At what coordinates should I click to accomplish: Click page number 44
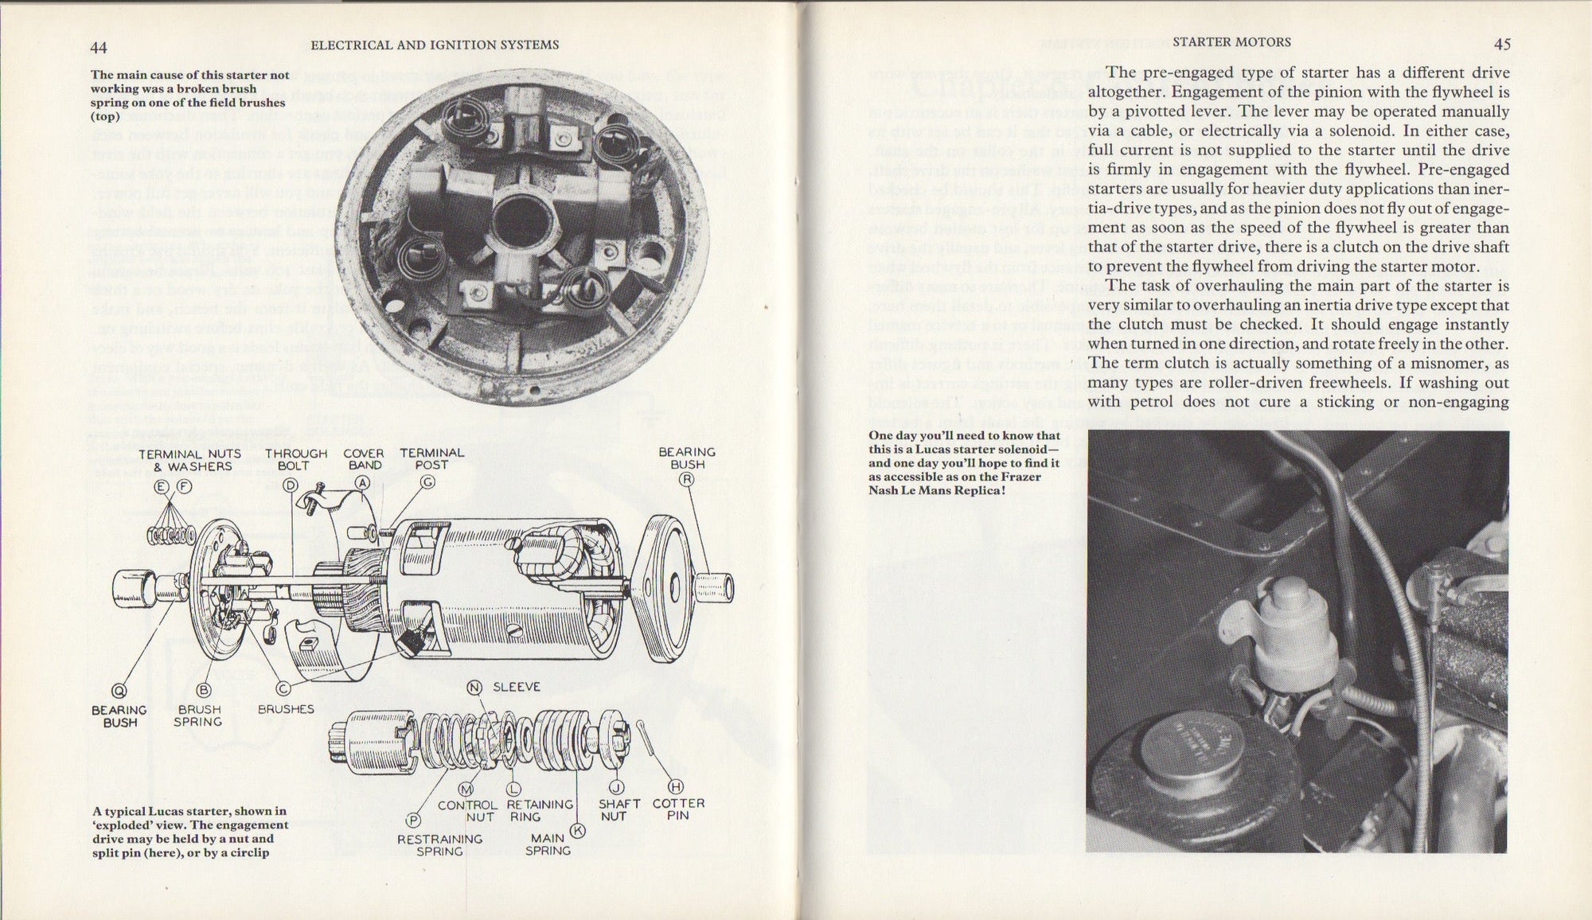[99, 46]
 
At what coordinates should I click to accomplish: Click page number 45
[1501, 45]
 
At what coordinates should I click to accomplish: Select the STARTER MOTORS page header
[1232, 42]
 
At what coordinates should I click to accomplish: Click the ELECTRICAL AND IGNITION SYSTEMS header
[434, 45]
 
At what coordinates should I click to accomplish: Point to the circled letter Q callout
[119, 691]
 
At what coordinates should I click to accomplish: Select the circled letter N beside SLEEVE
[475, 688]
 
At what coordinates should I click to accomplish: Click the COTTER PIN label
[678, 810]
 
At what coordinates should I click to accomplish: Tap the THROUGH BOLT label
[296, 459]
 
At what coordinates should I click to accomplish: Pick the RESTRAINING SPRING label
[439, 845]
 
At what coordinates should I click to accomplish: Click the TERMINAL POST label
[431, 459]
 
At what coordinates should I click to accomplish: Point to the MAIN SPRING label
[548, 844]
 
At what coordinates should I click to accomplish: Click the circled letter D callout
[291, 485]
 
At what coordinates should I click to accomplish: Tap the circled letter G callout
[428, 481]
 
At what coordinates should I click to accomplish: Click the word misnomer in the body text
[1422, 363]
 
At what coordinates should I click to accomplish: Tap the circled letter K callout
[578, 830]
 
